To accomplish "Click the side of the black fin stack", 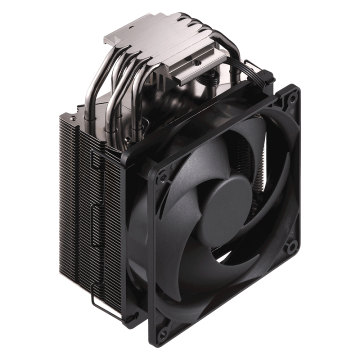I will tap(75, 200).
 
